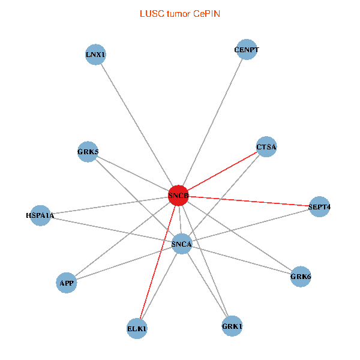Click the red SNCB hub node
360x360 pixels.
tap(179, 196)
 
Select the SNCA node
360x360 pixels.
tap(181, 244)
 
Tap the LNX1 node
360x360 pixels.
tap(95, 55)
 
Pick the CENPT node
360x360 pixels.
tap(247, 50)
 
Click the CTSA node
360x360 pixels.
tap(266, 147)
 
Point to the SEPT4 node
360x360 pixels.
tap(319, 207)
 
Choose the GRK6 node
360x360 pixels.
tap(301, 277)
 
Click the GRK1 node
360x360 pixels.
tap(232, 326)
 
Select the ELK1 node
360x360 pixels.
tap(137, 329)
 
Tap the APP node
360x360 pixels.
tap(66, 283)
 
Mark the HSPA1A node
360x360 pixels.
tap(40, 215)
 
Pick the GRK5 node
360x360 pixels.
tap(88, 151)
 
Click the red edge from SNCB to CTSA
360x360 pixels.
tap(222, 172)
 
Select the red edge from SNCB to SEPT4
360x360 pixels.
tap(249, 202)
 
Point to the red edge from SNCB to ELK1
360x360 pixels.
tap(158, 262)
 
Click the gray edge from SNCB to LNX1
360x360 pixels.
tap(137, 125)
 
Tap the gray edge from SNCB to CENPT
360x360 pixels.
tap(213, 122)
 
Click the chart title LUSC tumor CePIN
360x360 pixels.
tap(180, 13)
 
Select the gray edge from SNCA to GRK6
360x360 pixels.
tap(241, 260)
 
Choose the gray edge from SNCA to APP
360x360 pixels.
tap(124, 263)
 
